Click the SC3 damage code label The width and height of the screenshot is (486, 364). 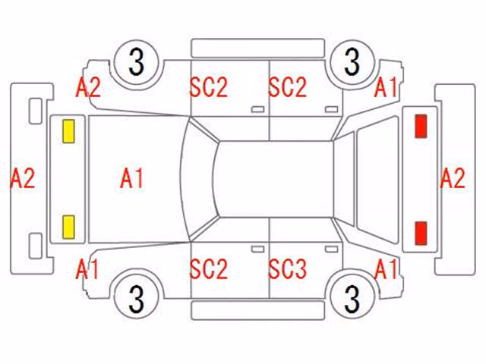pyautogui.click(x=287, y=268)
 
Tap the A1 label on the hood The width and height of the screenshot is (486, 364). pyautogui.click(x=131, y=178)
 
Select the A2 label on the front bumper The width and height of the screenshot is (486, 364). pyautogui.click(x=22, y=178)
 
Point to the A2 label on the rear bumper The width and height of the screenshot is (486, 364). pyautogui.click(x=453, y=178)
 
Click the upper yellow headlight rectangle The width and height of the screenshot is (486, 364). pyautogui.click(x=68, y=131)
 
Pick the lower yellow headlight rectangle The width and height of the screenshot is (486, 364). pyautogui.click(x=68, y=227)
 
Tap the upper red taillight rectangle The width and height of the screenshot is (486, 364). pyautogui.click(x=421, y=126)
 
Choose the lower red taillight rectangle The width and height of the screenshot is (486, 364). pyautogui.click(x=421, y=233)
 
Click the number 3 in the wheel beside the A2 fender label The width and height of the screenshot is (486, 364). pyautogui.click(x=137, y=62)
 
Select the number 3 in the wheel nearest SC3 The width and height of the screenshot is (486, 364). pyautogui.click(x=352, y=299)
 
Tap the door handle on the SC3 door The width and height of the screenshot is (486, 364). pyautogui.click(x=331, y=249)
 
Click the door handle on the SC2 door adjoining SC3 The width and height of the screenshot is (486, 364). pyautogui.click(x=257, y=249)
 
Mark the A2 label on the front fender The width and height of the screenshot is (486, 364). pyautogui.click(x=88, y=87)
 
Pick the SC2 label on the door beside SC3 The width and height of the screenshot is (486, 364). pyautogui.click(x=209, y=268)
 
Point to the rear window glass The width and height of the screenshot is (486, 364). pyautogui.click(x=344, y=180)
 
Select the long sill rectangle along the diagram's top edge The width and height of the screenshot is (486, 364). pyautogui.click(x=258, y=49)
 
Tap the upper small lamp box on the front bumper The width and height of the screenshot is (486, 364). pyautogui.click(x=36, y=111)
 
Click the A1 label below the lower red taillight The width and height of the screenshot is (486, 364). pyautogui.click(x=386, y=268)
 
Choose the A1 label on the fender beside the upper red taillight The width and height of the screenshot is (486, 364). pyautogui.click(x=386, y=87)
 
